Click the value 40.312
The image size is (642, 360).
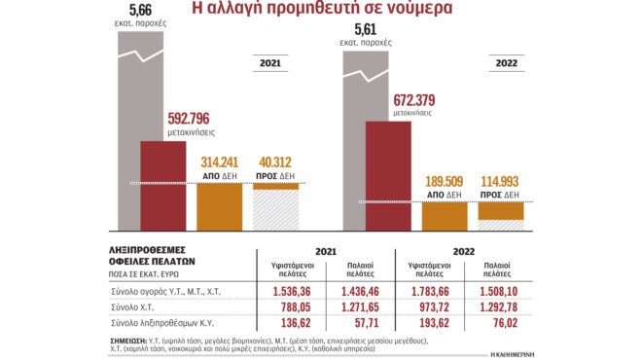[277, 162]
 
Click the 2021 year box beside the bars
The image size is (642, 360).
[272, 63]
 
